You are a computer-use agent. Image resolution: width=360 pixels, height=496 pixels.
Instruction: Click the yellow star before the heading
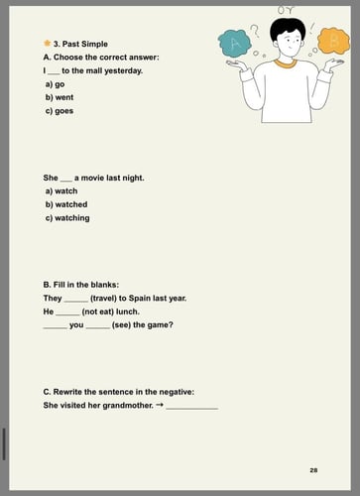pyautogui.click(x=47, y=44)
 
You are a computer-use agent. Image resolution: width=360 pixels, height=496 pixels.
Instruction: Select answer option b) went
pyautogui.click(x=59, y=97)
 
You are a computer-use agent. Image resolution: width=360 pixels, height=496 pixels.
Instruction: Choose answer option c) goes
pyautogui.click(x=59, y=110)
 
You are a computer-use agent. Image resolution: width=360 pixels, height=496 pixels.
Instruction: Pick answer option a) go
pyautogui.click(x=55, y=84)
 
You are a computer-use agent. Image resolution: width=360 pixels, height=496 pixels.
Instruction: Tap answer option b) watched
pyautogui.click(x=65, y=204)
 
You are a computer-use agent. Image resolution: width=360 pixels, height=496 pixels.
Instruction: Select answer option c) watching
pyautogui.click(x=66, y=217)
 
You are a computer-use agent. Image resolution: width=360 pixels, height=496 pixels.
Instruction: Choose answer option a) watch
pyautogui.click(x=61, y=190)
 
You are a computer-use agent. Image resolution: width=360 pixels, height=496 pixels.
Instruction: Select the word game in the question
pyautogui.click(x=155, y=324)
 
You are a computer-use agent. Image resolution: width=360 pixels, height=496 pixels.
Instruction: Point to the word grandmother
pyautogui.click(x=124, y=405)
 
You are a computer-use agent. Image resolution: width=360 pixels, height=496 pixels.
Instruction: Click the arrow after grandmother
pyautogui.click(x=159, y=405)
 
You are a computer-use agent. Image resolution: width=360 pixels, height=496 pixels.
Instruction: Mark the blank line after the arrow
pyautogui.click(x=191, y=407)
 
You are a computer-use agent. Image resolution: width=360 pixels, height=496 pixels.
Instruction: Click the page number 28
pyautogui.click(x=313, y=469)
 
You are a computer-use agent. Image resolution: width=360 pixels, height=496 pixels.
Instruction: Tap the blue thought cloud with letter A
pyautogui.click(x=236, y=44)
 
